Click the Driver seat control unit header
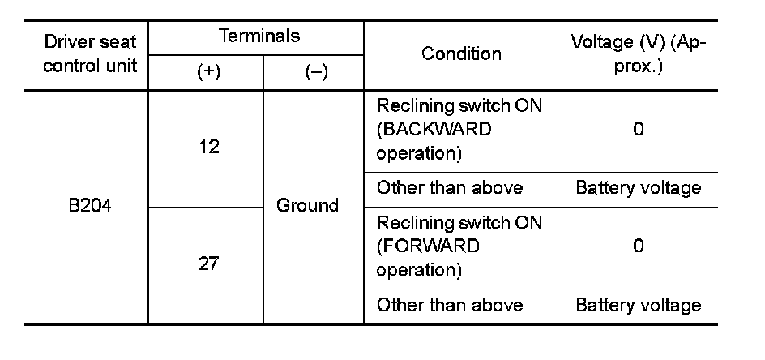pos(90,53)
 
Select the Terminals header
pos(259,36)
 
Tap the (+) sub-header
pos(208,72)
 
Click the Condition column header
pos(461,54)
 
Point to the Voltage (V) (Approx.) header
pos(638,54)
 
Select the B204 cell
pos(90,206)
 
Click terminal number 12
pos(208,148)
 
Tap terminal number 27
pos(208,264)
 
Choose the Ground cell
pos(307,206)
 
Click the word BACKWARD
pos(434,130)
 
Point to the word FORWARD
pos(428,246)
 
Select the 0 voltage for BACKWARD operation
pos(638,130)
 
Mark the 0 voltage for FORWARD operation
pos(638,246)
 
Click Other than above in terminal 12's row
pos(450,189)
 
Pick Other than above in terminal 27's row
pos(450,306)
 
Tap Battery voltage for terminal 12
pos(638,189)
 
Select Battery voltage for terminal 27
pos(638,306)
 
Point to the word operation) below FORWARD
pos(419,269)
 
